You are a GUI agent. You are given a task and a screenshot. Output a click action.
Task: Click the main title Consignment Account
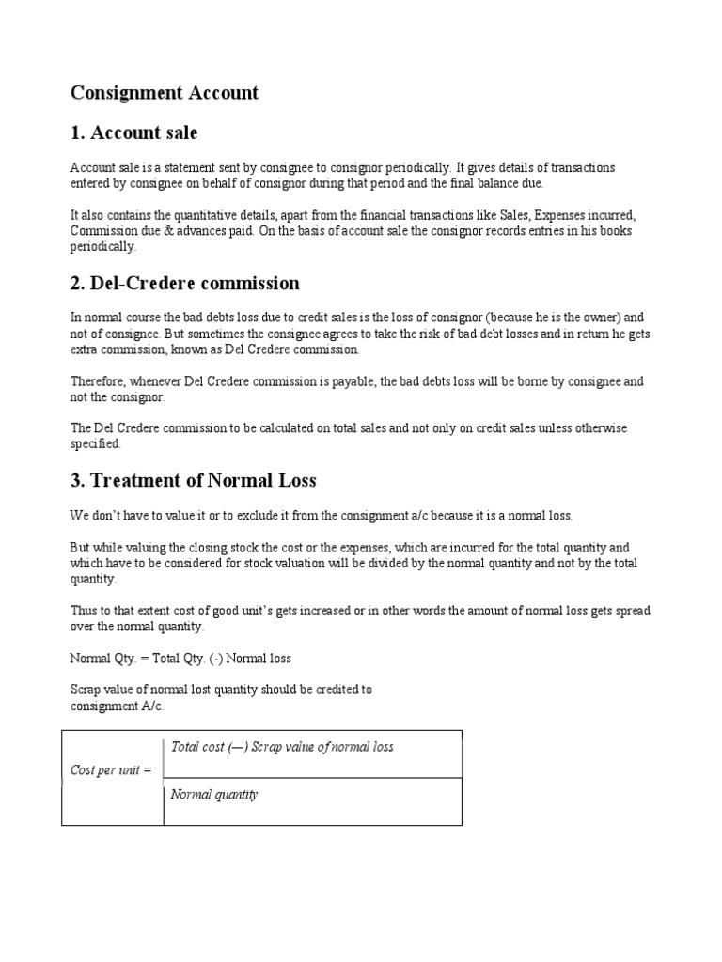[165, 93]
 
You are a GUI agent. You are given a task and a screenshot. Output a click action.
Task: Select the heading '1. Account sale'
[134, 132]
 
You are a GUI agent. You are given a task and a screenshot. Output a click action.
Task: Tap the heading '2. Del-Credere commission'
[185, 283]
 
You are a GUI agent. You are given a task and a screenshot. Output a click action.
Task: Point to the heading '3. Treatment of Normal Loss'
[194, 480]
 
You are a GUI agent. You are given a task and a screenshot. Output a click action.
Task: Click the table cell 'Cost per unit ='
[111, 770]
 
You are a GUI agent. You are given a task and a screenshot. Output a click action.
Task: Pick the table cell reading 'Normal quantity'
[214, 795]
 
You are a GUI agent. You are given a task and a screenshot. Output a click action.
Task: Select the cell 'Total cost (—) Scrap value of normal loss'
[282, 747]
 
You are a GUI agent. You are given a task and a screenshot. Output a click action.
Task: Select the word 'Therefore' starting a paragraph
[98, 381]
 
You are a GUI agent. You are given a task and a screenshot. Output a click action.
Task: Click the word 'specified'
[95, 443]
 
